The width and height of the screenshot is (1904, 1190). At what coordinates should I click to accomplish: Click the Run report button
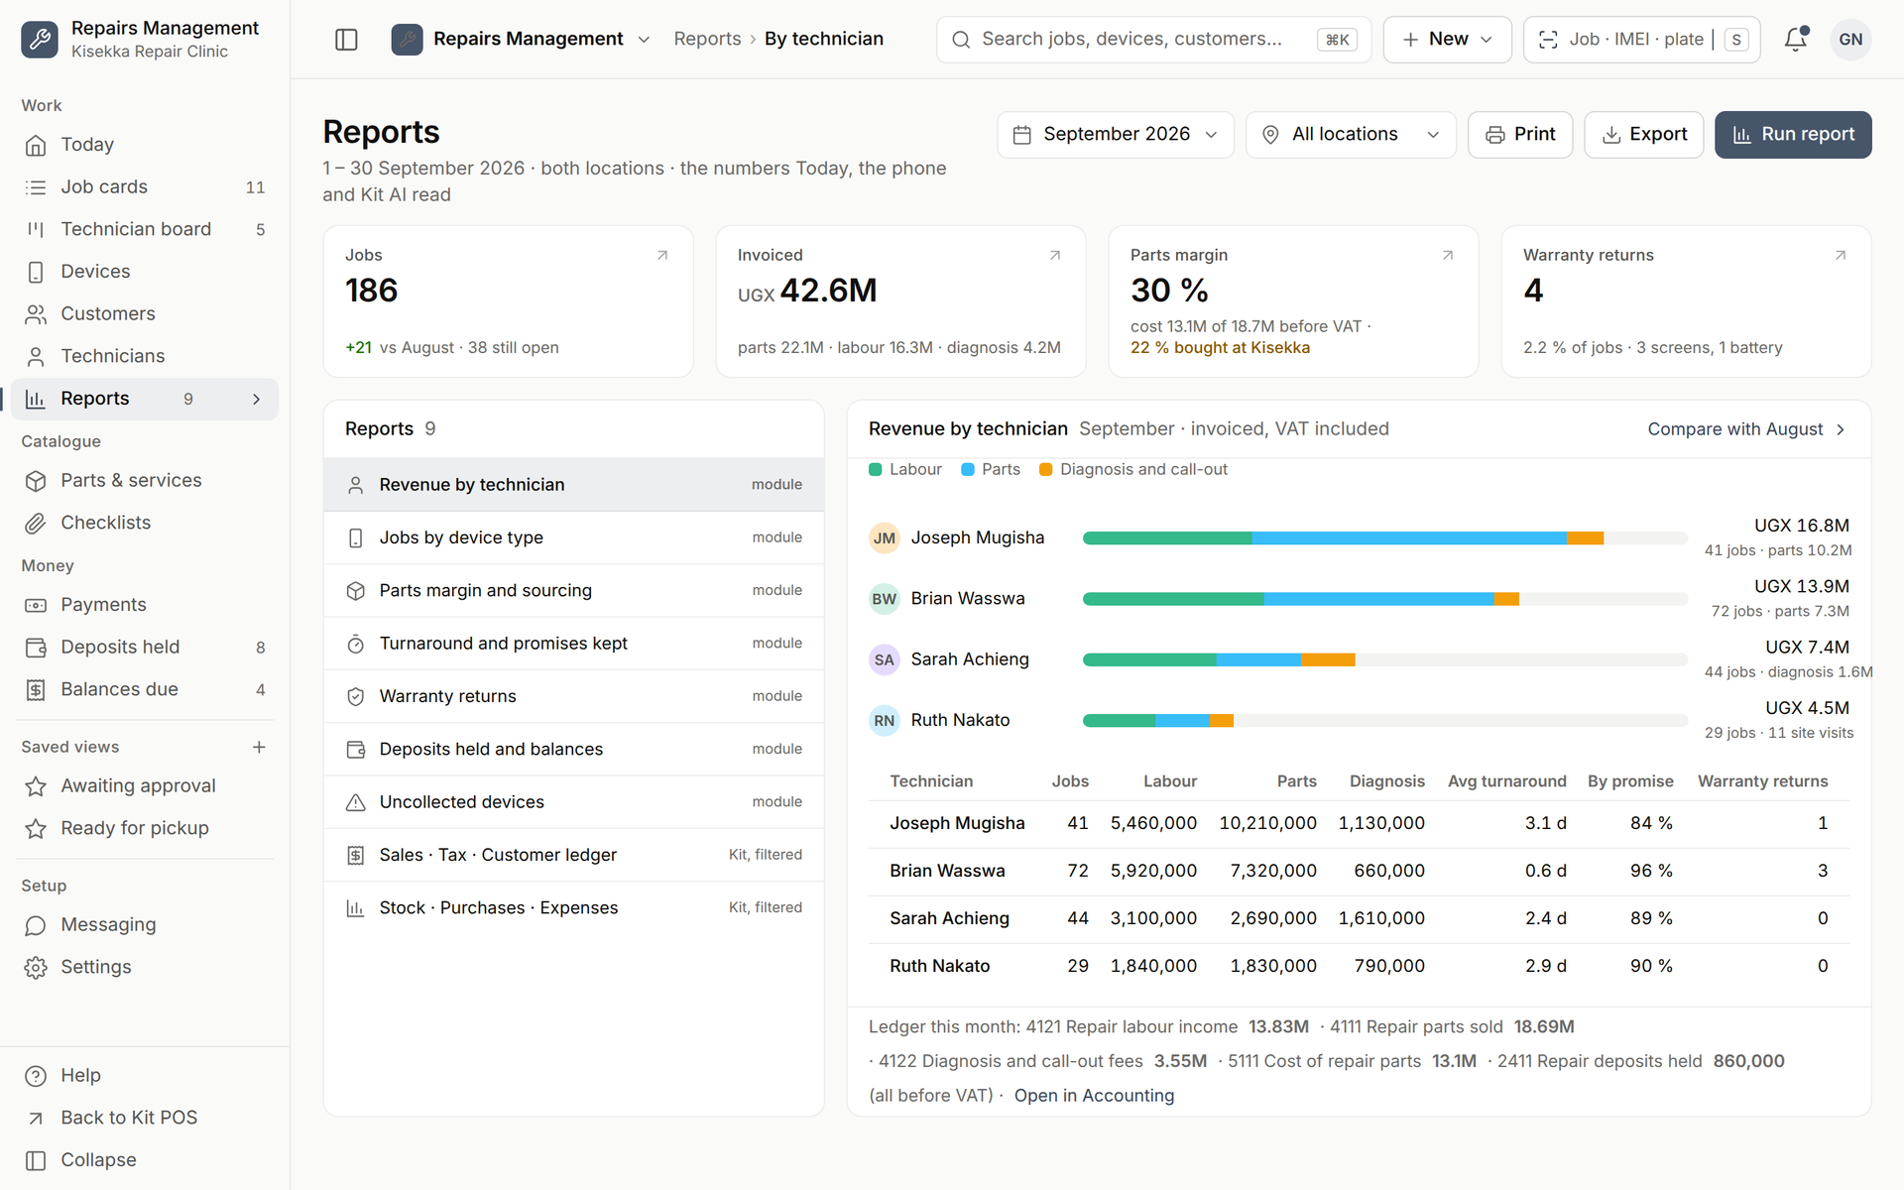pos(1793,135)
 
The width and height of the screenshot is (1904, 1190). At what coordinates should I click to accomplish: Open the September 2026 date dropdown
pos(1116,135)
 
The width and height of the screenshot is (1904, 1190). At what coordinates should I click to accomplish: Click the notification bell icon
pos(1796,40)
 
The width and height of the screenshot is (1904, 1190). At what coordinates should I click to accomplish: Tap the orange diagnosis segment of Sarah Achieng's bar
pos(1328,660)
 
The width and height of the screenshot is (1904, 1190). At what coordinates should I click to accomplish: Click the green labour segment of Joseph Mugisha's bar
pos(1167,538)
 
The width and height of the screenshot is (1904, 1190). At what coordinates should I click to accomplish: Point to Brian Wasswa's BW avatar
pos(885,599)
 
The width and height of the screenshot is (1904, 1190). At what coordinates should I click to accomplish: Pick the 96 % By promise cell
pos(1651,871)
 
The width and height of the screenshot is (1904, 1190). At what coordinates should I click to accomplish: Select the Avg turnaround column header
pos(1506,781)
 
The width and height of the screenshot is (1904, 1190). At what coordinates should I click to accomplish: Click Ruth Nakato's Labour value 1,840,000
pos(1153,966)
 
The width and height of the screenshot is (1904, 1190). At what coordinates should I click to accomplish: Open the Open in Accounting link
pos(1094,1096)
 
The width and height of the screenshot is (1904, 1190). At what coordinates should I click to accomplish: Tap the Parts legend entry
pos(991,470)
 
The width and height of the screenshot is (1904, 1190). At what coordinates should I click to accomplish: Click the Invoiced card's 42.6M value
pos(828,291)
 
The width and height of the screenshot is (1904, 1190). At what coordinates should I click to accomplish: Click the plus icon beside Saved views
pos(259,748)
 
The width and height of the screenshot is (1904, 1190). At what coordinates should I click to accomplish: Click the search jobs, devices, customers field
pos(1153,40)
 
